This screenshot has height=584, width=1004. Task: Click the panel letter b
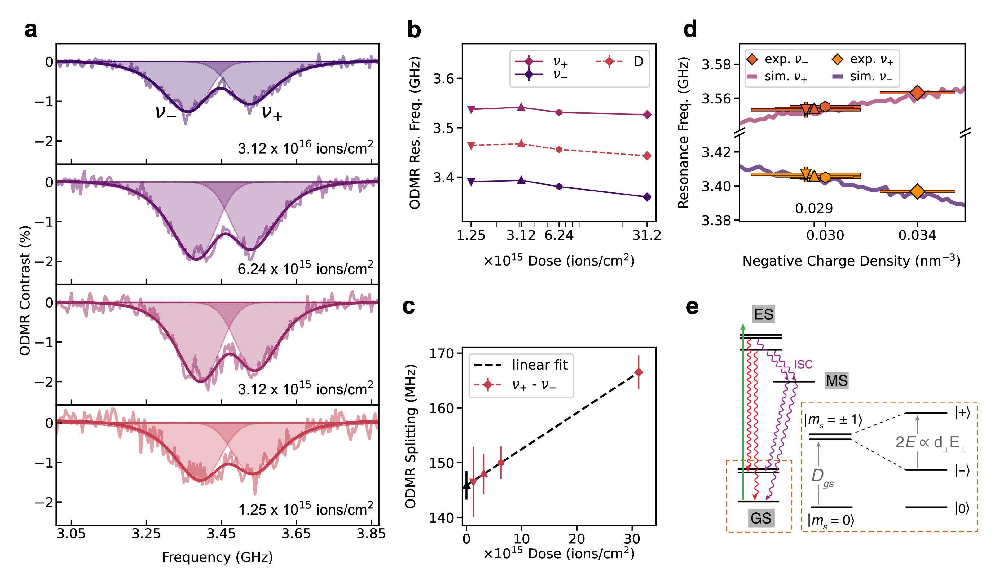tap(414, 31)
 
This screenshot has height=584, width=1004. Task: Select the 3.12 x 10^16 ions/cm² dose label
tap(305, 148)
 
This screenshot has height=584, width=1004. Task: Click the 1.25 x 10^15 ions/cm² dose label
tap(305, 509)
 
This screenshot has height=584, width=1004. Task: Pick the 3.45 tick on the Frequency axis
tap(221, 534)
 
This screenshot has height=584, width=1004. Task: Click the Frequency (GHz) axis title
tap(217, 557)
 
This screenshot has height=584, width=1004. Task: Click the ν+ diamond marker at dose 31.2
tap(647, 115)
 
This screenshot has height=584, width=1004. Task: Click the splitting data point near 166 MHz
tap(639, 372)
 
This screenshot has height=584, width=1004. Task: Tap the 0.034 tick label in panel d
tap(917, 235)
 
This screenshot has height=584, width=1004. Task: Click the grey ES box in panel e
tap(763, 314)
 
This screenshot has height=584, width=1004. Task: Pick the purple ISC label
tap(803, 364)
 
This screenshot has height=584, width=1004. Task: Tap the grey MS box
tap(837, 380)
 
